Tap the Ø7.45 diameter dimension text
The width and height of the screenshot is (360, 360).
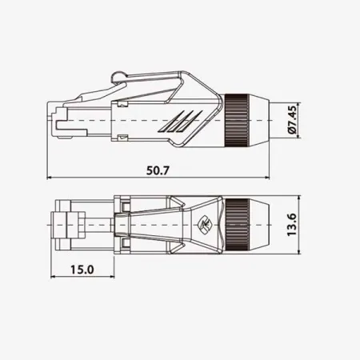pos(292,118)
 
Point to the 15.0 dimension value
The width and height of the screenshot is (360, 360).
pos(82,270)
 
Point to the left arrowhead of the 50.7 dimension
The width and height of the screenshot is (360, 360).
pos(52,177)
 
